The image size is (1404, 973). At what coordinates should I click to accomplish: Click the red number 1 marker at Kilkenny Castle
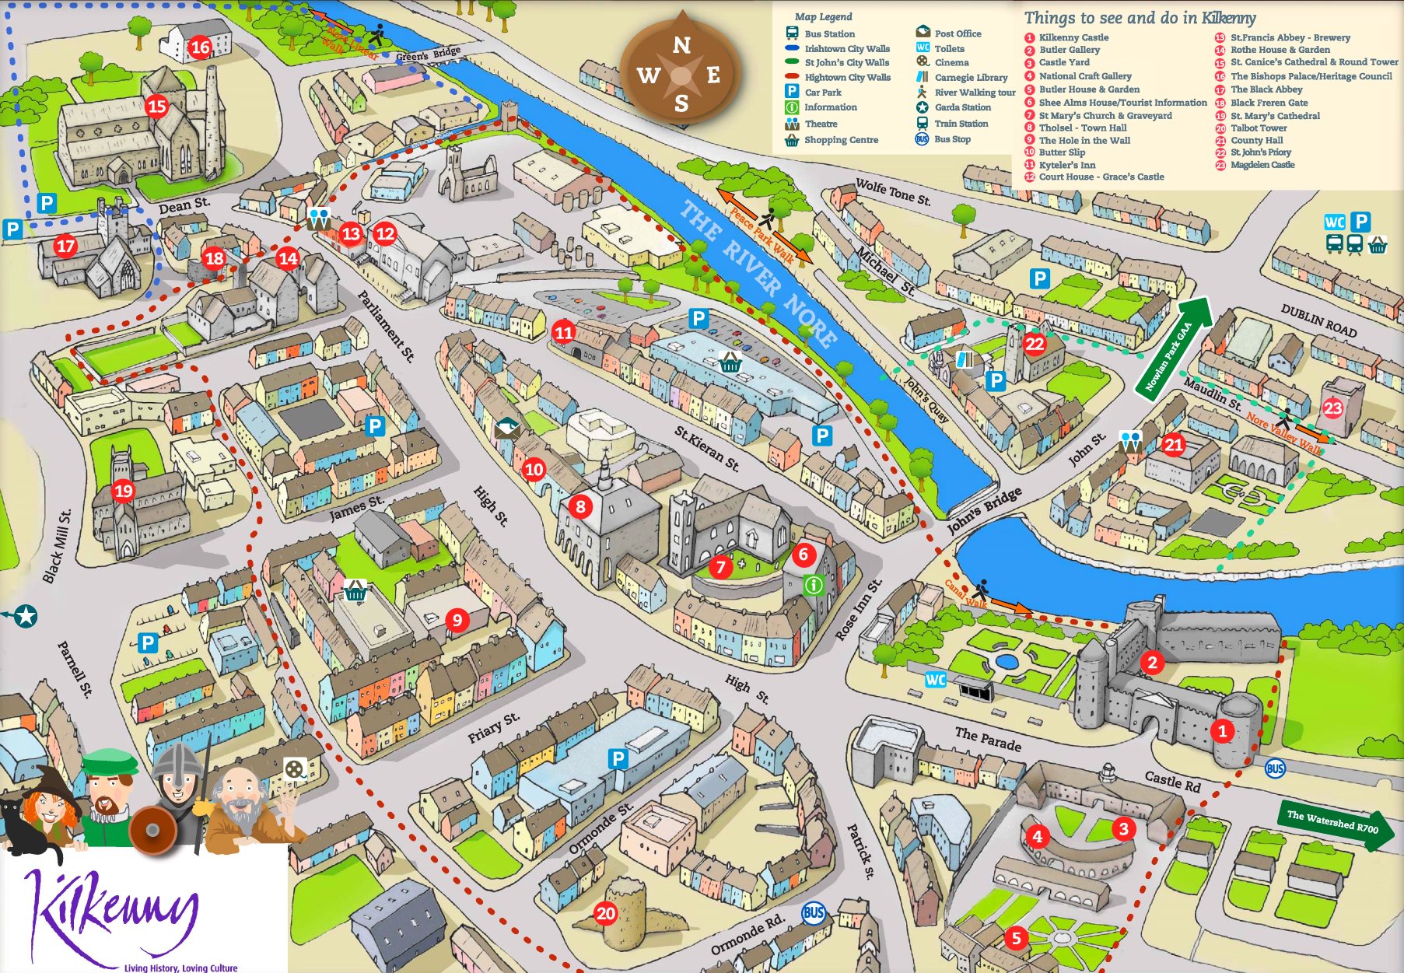1222,731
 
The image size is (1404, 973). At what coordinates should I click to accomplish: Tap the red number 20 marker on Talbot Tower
605,913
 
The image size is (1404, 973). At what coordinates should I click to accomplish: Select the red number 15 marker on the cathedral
157,106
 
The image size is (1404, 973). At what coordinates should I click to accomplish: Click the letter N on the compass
681,45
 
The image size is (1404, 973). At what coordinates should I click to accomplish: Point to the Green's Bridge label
428,54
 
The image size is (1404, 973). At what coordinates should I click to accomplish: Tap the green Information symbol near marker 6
813,584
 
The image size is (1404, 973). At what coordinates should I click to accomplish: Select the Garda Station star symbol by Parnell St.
26,616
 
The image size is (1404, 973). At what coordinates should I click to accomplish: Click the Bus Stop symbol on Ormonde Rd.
814,912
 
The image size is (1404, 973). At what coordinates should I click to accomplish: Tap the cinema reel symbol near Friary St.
294,768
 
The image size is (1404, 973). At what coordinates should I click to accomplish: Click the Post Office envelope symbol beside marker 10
506,428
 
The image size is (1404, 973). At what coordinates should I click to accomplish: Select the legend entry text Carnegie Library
970,78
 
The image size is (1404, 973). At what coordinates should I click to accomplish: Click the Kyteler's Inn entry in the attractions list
1066,165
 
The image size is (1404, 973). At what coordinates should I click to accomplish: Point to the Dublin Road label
1318,320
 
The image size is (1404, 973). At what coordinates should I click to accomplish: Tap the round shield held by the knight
153,830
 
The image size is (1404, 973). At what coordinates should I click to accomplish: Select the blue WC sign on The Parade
935,680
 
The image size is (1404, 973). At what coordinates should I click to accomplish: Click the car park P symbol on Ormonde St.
618,758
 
